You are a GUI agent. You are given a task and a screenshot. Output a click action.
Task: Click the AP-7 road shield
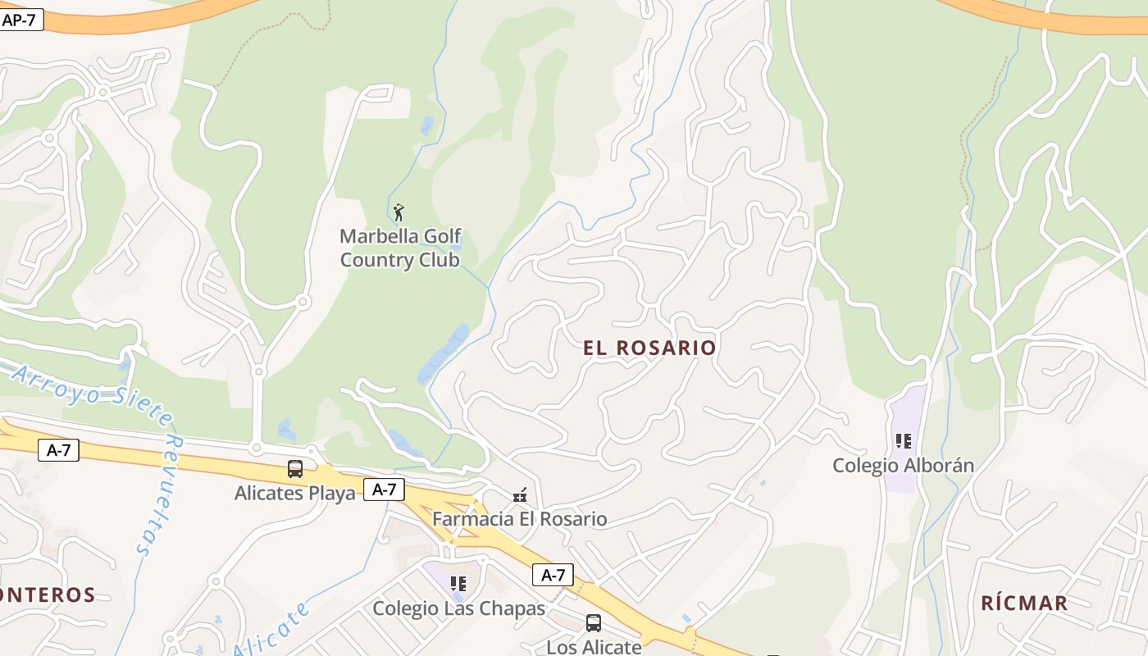click(20, 20)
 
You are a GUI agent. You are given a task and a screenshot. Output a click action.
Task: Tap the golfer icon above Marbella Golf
click(399, 213)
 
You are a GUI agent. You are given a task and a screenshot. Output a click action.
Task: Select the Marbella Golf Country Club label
click(399, 248)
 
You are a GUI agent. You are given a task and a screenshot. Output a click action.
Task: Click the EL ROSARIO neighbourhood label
click(649, 348)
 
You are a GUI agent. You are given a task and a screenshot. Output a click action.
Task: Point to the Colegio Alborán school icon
click(904, 441)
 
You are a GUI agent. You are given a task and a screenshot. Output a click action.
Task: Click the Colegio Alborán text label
click(903, 466)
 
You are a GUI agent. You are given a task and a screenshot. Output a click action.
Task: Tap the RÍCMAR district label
click(1024, 604)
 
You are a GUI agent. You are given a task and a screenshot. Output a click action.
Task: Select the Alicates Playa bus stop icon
click(295, 469)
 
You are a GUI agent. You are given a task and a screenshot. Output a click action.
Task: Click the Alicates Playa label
click(295, 494)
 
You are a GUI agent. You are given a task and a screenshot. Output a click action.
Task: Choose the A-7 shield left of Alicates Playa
click(58, 449)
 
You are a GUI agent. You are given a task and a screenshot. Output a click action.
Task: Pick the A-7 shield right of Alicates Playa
click(384, 490)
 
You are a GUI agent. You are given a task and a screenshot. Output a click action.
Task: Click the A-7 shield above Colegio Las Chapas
click(553, 575)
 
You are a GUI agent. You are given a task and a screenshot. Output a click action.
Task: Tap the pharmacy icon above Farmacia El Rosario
click(520, 495)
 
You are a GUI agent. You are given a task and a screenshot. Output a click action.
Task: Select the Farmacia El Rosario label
click(520, 519)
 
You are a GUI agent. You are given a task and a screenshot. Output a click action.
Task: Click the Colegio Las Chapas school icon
click(458, 584)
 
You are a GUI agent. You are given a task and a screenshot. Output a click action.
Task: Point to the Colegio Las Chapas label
click(458, 608)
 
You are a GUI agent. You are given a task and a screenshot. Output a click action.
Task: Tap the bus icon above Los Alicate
click(593, 623)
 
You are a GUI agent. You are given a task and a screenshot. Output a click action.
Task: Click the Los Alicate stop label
click(594, 647)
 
